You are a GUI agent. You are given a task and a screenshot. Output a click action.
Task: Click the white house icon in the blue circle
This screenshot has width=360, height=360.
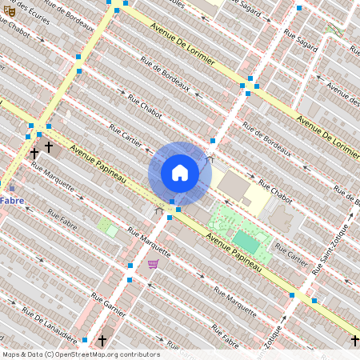[180, 172]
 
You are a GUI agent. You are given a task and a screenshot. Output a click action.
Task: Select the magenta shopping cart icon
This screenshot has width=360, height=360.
[153, 263]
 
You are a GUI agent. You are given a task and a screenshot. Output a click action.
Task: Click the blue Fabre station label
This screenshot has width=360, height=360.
[11, 200]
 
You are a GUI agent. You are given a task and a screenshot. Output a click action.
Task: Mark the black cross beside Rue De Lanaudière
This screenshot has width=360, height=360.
[102, 341]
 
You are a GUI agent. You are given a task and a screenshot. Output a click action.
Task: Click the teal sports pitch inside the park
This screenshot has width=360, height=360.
[245, 240]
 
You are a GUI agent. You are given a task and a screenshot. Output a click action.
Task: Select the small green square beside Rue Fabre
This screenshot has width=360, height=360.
[106, 226]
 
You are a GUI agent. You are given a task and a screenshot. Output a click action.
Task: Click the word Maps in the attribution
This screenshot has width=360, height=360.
[12, 354]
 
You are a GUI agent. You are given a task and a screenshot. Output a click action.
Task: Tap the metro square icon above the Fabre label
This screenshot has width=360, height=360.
[11, 189]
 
